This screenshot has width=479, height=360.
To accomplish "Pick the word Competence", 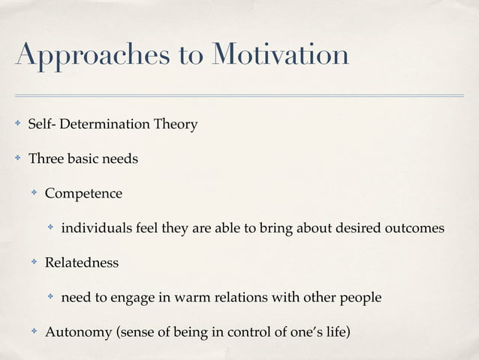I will coord(83,193).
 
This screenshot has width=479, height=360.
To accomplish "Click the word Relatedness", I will coord(81,263).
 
